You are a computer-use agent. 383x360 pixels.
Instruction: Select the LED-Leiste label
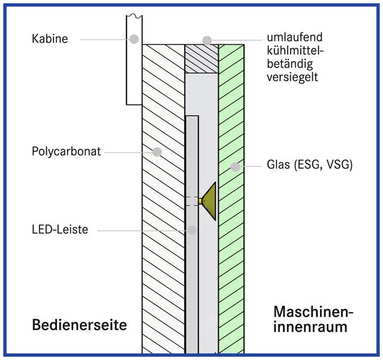coord(60,230)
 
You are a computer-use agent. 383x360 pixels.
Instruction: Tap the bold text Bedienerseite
coord(79,325)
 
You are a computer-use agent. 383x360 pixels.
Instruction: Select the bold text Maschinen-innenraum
coord(312,320)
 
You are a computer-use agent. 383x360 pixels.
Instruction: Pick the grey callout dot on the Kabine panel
coord(134,39)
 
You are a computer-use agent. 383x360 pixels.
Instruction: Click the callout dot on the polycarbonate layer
coord(157,151)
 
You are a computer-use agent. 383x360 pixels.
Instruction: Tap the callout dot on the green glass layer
coord(236,166)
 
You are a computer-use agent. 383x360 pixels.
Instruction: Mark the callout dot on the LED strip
coord(192,229)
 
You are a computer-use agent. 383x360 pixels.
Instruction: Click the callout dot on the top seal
coord(207,40)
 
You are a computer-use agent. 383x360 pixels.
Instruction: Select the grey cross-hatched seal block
coord(201,59)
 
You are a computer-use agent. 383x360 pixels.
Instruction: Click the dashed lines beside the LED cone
coord(192,202)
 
